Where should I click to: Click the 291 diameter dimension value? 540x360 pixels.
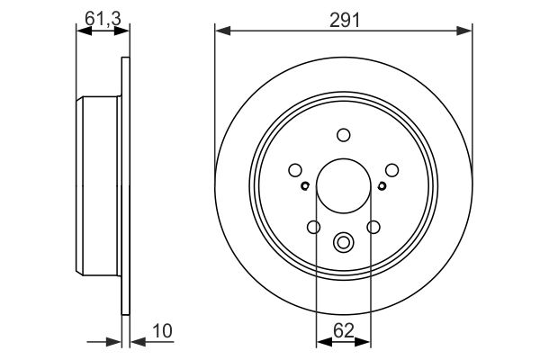(x=343, y=19)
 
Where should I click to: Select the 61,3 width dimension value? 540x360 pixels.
(x=98, y=19)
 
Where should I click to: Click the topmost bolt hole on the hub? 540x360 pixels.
(x=343, y=135)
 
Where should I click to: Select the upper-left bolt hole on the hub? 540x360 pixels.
(x=294, y=169)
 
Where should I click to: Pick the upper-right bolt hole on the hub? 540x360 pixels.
(x=392, y=169)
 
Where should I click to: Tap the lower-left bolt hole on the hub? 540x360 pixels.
(x=313, y=227)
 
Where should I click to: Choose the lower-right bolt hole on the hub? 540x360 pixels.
(x=373, y=227)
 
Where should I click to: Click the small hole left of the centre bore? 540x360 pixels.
(x=305, y=186)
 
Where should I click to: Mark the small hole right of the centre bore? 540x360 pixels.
(x=382, y=186)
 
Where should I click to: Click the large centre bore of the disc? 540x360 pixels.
(x=343, y=186)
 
